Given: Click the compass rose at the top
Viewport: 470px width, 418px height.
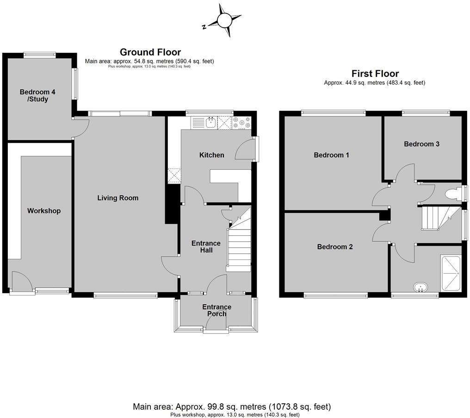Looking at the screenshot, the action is tap(223, 20).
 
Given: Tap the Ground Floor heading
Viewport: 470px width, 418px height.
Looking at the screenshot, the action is tap(150, 52).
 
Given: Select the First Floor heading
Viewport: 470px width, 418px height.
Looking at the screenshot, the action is tap(375, 74).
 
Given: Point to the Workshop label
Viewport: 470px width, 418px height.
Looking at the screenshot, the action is tap(44, 211).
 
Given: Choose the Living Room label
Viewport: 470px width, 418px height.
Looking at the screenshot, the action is tap(118, 198).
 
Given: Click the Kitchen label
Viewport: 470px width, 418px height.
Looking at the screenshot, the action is tap(212, 155).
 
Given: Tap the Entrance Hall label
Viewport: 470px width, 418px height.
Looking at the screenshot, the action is tap(206, 246).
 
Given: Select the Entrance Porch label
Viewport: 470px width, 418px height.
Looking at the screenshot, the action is tap(216, 310).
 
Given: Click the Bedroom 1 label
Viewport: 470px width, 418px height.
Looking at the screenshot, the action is tap(331, 155).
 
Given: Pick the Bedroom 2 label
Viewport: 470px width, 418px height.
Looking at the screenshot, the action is tap(335, 247).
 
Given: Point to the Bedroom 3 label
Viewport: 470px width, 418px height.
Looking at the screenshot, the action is tap(421, 144).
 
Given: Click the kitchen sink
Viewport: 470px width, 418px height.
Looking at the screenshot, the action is tap(210, 123).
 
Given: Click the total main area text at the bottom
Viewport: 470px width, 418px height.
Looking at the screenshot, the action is tap(232, 407).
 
